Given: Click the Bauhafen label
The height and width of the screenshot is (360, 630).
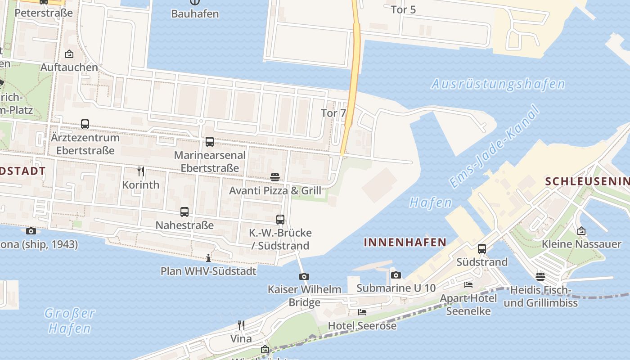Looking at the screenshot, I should (195, 13).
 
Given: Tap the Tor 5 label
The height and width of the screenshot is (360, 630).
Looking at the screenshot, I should (403, 9).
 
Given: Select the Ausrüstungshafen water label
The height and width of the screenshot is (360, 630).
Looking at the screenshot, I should (498, 84).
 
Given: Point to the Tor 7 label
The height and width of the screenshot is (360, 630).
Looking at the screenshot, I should (333, 113).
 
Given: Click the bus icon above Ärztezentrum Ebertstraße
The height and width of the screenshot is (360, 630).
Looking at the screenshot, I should (85, 124).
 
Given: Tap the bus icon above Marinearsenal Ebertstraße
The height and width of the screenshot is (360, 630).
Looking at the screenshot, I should (210, 142).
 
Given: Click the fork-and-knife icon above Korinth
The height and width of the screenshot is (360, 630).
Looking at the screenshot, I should (141, 171).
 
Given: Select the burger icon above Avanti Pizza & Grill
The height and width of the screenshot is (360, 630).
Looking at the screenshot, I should (275, 177).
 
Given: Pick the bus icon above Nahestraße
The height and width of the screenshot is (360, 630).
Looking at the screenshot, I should (184, 211).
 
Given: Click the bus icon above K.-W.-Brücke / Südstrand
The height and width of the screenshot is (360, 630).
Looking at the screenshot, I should (280, 219).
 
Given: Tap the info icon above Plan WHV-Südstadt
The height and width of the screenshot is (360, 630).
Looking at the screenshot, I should (208, 258).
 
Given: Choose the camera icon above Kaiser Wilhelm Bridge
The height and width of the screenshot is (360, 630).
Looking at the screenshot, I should (304, 276).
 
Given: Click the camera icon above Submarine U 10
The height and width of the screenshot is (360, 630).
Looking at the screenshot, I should (396, 275).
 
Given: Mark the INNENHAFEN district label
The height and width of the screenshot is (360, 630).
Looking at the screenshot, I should (405, 243).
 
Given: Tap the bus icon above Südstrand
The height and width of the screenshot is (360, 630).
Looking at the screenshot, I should (482, 248).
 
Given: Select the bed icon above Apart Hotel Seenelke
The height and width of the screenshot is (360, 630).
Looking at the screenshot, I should (468, 284).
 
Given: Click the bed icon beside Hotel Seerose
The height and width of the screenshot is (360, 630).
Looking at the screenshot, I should (362, 312).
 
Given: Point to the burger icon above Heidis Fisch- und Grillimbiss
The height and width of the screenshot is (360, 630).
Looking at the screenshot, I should (540, 276).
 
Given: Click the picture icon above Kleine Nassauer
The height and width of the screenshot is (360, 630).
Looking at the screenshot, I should (581, 231).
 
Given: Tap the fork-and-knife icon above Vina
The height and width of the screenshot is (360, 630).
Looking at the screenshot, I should (241, 325).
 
